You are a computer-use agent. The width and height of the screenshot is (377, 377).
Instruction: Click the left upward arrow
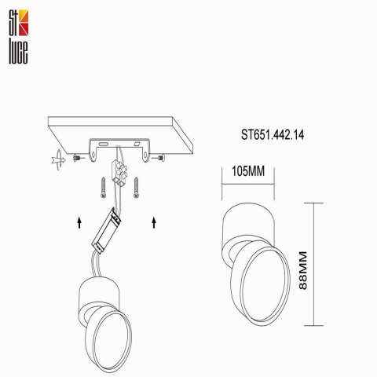point(79,224)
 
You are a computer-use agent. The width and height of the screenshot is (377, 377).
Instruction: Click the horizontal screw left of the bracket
point(77,159)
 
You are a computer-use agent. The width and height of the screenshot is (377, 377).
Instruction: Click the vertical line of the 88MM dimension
point(316,264)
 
